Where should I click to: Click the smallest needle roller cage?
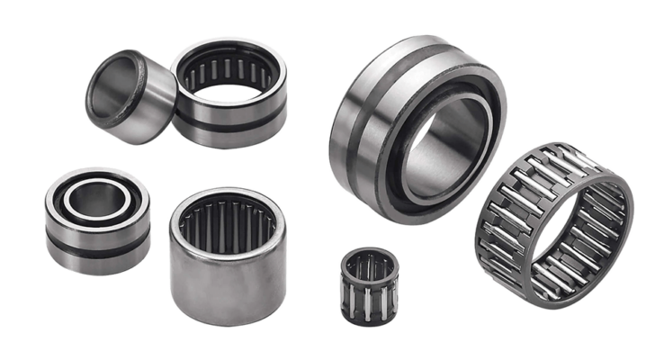(369, 285)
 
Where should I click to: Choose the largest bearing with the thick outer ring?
(414, 126)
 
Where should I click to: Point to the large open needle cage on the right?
(553, 225)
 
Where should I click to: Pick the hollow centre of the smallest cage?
(369, 265)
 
